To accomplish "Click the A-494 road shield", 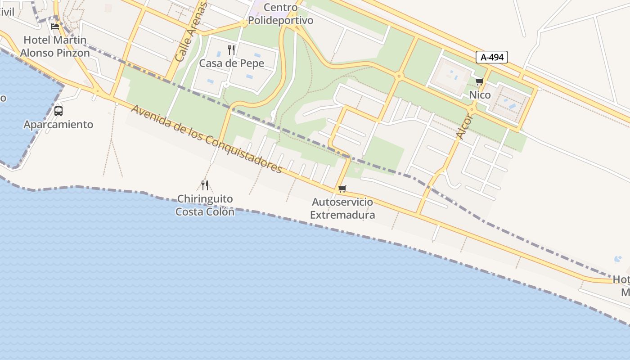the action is click(x=492, y=57).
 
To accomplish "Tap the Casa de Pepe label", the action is click(x=232, y=63).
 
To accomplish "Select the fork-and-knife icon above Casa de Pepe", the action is click(x=231, y=49).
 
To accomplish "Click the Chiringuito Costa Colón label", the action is click(x=205, y=205).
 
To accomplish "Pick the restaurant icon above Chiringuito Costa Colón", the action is click(x=205, y=185).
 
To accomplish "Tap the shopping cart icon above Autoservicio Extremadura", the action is click(x=342, y=189).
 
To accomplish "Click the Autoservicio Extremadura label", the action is click(x=342, y=208).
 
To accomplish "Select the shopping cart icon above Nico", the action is click(x=479, y=82).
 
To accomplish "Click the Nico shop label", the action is click(x=480, y=95).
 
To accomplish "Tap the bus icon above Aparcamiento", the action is click(x=58, y=111).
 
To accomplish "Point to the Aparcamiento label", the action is click(x=58, y=125).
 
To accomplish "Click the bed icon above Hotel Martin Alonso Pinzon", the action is click(x=55, y=26).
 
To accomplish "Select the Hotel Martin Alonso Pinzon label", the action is click(x=55, y=46).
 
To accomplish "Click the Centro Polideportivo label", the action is click(x=281, y=14).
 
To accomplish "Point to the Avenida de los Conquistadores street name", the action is click(x=207, y=139).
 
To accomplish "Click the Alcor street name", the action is click(x=464, y=126).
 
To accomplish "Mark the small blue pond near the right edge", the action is click(x=617, y=259).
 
